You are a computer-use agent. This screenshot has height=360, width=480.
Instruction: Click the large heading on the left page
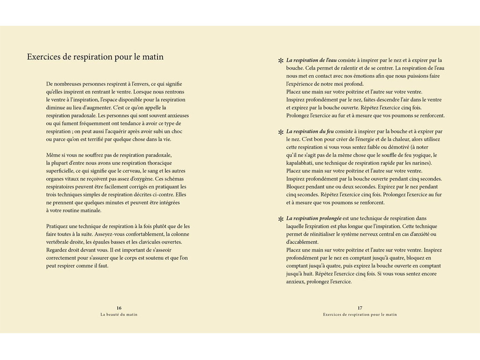click(x=95, y=57)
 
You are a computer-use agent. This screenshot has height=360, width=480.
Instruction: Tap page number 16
click(x=119, y=308)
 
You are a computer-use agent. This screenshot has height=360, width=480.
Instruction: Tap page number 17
click(x=360, y=308)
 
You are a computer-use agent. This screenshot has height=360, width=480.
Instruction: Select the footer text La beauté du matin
click(x=119, y=315)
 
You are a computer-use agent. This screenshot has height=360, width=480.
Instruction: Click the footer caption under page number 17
click(x=360, y=315)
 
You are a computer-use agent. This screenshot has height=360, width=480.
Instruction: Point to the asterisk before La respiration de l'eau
click(x=281, y=61)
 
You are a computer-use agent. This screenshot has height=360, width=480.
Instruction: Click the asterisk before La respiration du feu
click(x=281, y=132)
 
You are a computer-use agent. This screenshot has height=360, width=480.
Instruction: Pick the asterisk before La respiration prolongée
click(x=281, y=219)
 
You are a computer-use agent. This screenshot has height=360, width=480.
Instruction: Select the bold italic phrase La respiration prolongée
click(x=314, y=218)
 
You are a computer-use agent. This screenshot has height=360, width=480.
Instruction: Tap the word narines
click(x=420, y=163)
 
